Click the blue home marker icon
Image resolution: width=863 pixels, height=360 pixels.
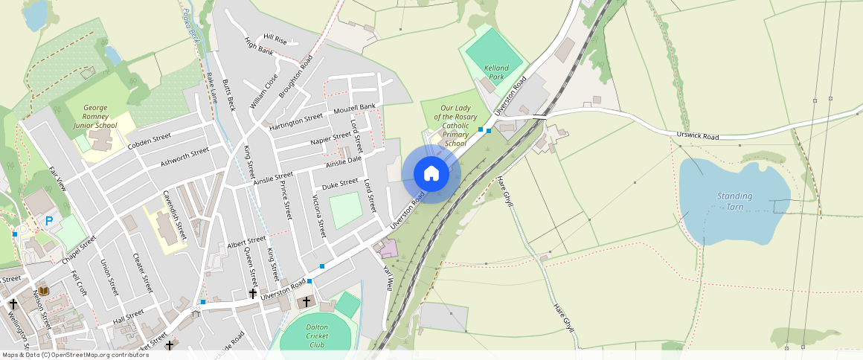pos(431,174)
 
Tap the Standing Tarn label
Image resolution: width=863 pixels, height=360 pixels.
pos(734,201)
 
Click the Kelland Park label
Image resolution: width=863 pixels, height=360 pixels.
pos(495,72)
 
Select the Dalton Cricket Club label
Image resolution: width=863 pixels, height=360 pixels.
pos(317,335)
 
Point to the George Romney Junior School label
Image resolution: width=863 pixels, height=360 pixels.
pos(95,117)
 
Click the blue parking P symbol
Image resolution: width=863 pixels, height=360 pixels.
pos(49,221)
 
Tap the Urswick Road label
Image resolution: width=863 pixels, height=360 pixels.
pos(698,137)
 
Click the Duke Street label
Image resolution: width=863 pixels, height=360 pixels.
pos(339,184)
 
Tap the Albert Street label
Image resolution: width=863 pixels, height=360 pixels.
pos(246,242)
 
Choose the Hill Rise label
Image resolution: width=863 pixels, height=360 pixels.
pos(275,39)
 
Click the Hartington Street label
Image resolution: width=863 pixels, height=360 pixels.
pos(296,120)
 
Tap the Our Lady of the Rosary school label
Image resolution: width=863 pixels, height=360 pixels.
pos(455,126)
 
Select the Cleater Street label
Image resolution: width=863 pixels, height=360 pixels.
pos(142,272)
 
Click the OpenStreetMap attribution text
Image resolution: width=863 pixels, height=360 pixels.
pos(74,355)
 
